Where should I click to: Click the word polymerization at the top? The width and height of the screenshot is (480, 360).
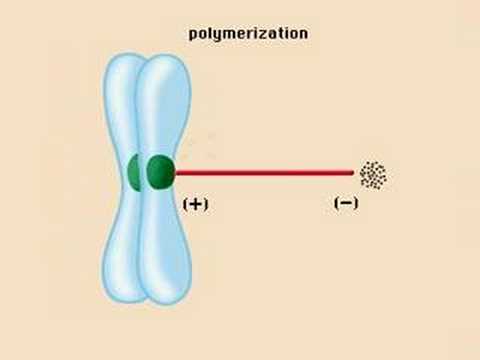(248, 33)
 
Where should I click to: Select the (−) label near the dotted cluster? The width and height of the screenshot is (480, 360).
(346, 203)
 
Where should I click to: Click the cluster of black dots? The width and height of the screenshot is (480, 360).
(373, 175)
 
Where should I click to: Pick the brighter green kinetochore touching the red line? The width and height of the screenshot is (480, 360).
(160, 172)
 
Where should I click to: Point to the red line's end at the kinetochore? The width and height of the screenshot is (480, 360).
(178, 172)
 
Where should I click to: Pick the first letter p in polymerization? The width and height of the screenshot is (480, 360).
(193, 35)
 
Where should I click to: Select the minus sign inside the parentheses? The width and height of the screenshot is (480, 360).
(346, 203)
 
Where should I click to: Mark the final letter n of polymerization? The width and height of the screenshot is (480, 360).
(303, 33)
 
